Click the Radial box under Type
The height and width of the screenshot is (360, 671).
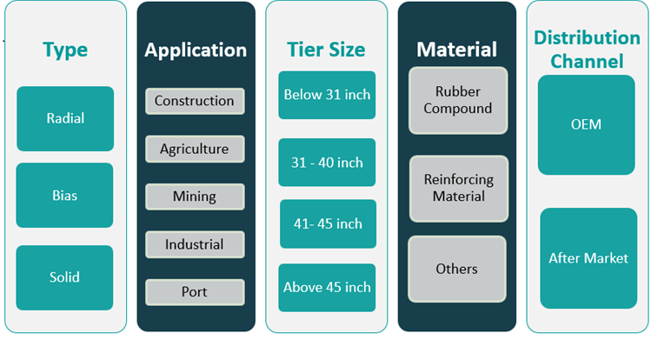coord(64,118)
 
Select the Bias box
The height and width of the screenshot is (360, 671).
coord(64,195)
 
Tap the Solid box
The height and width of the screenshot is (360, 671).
coord(64,277)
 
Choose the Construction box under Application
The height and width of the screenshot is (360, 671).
coord(195,101)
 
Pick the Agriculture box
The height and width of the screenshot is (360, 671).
coord(195,149)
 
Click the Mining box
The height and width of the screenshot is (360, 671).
coord(195,196)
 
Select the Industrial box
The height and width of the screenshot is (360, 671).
coord(195,244)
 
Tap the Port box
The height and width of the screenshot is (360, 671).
coord(195,291)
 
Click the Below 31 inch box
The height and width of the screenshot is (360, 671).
coord(327,95)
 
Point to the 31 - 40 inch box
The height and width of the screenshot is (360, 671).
coord(327,163)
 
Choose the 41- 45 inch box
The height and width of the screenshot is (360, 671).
coord(327,223)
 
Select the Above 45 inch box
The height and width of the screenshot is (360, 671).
coord(327,287)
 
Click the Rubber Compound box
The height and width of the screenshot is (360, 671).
coord(457,100)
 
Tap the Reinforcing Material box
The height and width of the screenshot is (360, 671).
coord(457,188)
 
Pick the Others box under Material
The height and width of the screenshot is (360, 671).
coord(457,269)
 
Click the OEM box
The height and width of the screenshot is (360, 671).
coord(587,124)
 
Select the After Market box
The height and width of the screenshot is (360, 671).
coord(588,257)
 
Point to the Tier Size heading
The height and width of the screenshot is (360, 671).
coord(327,50)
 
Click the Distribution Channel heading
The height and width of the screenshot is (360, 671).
coord(587,50)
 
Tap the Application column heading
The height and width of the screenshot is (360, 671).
coord(196,50)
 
